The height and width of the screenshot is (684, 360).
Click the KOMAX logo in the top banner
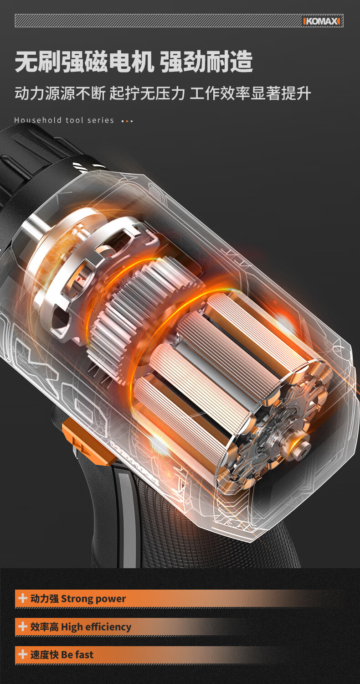(x=321, y=21)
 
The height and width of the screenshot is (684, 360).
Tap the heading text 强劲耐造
(x=206, y=62)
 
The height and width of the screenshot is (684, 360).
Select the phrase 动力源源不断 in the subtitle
(x=60, y=93)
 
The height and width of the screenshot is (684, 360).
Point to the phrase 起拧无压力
(x=147, y=93)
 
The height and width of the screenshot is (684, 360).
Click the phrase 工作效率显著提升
(x=250, y=93)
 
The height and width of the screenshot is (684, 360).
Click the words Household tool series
(x=64, y=120)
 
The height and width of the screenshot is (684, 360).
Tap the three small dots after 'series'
(x=127, y=121)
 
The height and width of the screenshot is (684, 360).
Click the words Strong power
(x=93, y=599)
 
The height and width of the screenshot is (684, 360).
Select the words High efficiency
(x=96, y=627)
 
